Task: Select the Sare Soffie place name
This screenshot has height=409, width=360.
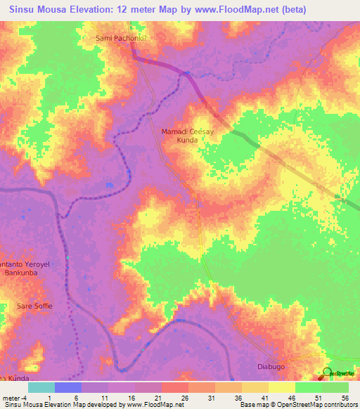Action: click(x=34, y=306)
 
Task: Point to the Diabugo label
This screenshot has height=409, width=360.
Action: click(x=270, y=368)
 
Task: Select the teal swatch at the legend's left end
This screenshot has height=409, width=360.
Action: click(x=41, y=387)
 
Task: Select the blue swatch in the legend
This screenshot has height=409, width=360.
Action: click(x=67, y=387)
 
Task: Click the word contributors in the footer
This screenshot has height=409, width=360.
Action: click(x=339, y=405)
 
